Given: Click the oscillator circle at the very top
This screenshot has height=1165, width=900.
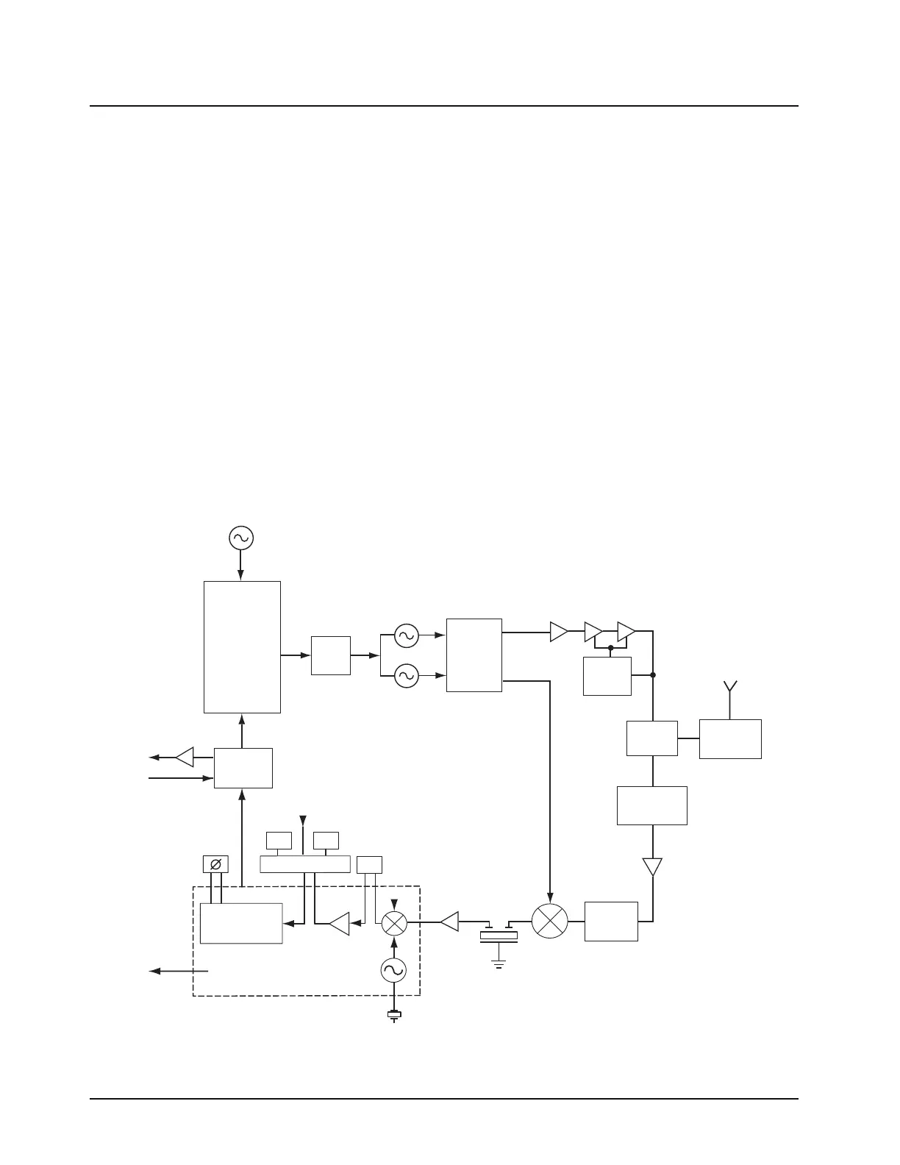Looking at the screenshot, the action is tap(240, 538).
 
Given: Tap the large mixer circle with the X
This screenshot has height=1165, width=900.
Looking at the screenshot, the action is tap(549, 921).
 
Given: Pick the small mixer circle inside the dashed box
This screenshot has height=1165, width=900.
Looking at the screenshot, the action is tap(394, 922).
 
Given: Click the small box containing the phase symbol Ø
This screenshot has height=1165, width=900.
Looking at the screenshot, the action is tap(215, 864).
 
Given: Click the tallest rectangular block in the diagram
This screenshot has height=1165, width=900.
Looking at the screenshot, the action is tap(242, 646).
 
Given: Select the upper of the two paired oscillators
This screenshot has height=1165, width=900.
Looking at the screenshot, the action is tap(406, 635).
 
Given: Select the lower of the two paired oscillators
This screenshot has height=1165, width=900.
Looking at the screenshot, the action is tap(406, 675).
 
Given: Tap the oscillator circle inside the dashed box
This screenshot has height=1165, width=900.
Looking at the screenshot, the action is tap(394, 971).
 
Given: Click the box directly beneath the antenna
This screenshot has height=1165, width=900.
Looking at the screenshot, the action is tap(729, 738).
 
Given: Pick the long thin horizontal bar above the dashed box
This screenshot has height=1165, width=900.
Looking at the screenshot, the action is tap(305, 864).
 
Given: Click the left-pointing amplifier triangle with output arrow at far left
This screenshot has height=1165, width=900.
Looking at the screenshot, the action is tap(185, 757).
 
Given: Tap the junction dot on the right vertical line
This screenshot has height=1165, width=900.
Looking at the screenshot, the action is tap(653, 674).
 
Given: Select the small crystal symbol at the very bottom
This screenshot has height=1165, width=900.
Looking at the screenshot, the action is tap(395, 1016).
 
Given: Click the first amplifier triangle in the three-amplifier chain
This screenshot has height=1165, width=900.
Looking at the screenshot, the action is tap(558, 631).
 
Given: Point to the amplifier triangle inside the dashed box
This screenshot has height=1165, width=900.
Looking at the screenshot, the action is tap(339, 924).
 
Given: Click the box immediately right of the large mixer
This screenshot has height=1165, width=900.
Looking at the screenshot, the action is tap(611, 921).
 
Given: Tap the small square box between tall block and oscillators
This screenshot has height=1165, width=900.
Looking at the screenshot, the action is tap(331, 655).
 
